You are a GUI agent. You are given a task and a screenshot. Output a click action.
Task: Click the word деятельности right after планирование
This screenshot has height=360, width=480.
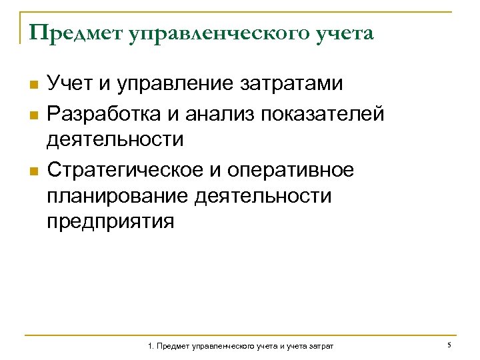[263, 196]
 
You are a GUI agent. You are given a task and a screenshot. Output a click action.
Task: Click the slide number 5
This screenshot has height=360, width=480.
[450, 345]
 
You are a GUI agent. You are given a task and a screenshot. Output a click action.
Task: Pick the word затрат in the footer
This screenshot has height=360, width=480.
[322, 347]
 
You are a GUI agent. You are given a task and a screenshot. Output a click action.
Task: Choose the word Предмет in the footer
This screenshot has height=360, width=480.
[175, 347]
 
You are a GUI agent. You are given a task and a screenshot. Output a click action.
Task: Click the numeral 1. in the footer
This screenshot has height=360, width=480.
[151, 347]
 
